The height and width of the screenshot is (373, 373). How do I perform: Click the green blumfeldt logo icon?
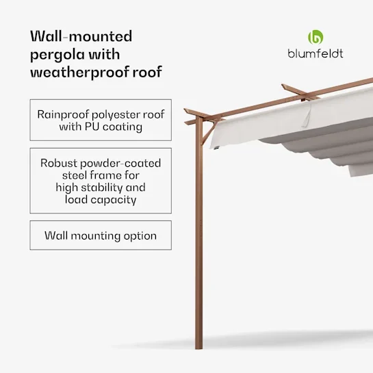[316, 37]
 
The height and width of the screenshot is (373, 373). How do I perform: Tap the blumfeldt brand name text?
[316, 54]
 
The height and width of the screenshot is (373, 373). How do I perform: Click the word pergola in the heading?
[57, 55]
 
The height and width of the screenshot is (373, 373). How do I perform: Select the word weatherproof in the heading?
[79, 72]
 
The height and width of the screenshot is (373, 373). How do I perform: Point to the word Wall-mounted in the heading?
[81, 36]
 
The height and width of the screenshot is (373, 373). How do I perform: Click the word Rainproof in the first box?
[63, 115]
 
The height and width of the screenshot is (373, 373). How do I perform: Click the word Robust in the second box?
[59, 163]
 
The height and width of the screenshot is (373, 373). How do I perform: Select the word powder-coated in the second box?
[120, 164]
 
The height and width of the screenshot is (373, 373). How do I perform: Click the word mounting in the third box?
[96, 236]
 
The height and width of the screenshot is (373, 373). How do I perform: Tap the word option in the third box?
[140, 236]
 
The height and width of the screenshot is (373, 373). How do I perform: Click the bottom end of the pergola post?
[199, 348]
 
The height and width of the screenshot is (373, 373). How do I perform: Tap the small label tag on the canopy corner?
[216, 148]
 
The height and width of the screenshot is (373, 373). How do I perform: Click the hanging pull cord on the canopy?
[307, 116]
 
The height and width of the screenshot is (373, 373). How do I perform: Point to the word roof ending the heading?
[147, 72]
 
